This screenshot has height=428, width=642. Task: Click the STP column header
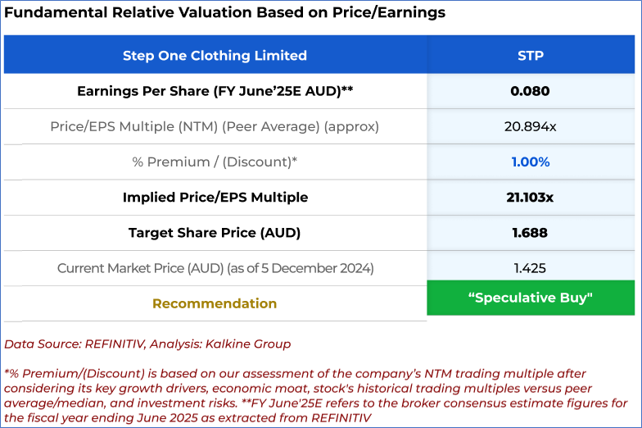pyautogui.click(x=530, y=56)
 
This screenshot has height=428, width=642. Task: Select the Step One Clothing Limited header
pyautogui.click(x=215, y=56)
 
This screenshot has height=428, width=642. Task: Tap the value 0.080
pyautogui.click(x=530, y=91)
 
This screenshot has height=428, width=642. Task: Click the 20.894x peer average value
pyautogui.click(x=530, y=127)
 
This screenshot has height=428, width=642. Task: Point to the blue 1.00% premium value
pyautogui.click(x=530, y=162)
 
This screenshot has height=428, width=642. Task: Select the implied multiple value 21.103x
pyautogui.click(x=530, y=198)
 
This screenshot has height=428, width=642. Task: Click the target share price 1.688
pyautogui.click(x=530, y=233)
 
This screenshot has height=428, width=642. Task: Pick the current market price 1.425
pyautogui.click(x=530, y=268)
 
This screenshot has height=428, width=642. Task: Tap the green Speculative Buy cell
pyautogui.click(x=530, y=298)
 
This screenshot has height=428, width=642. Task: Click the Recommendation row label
pyautogui.click(x=215, y=303)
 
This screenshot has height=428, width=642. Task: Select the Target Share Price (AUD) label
pyautogui.click(x=215, y=233)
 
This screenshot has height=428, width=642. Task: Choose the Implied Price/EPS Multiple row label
pyautogui.click(x=215, y=198)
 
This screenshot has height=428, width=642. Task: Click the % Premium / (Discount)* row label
pyautogui.click(x=215, y=162)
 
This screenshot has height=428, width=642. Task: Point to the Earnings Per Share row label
pyautogui.click(x=215, y=91)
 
